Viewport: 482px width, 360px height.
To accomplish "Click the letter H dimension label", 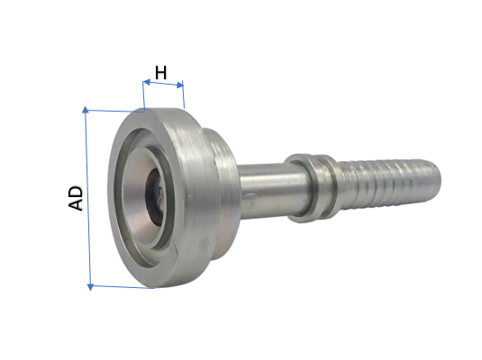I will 162,72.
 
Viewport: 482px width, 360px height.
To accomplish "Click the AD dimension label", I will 76,198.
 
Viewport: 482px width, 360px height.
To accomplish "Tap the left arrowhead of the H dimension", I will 145,84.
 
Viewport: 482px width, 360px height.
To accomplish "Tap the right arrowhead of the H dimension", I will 181,86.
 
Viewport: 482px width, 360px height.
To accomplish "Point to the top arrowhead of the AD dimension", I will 86,112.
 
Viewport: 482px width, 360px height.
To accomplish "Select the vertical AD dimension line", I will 87,198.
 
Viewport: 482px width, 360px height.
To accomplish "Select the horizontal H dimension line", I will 163,85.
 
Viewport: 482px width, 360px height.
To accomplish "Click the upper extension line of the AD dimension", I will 113,111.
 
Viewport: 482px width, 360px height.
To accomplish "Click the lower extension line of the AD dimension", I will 122,288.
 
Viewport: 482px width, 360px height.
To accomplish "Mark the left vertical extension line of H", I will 142,94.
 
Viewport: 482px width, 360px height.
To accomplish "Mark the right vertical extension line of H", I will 184,96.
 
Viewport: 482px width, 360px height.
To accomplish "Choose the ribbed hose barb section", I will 378,175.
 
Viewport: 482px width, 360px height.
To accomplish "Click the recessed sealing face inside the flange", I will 135,193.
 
